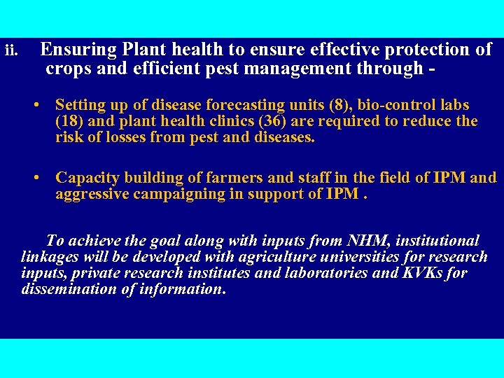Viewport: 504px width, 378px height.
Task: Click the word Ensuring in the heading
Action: click(72, 50)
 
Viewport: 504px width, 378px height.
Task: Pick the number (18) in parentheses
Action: click(69, 122)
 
